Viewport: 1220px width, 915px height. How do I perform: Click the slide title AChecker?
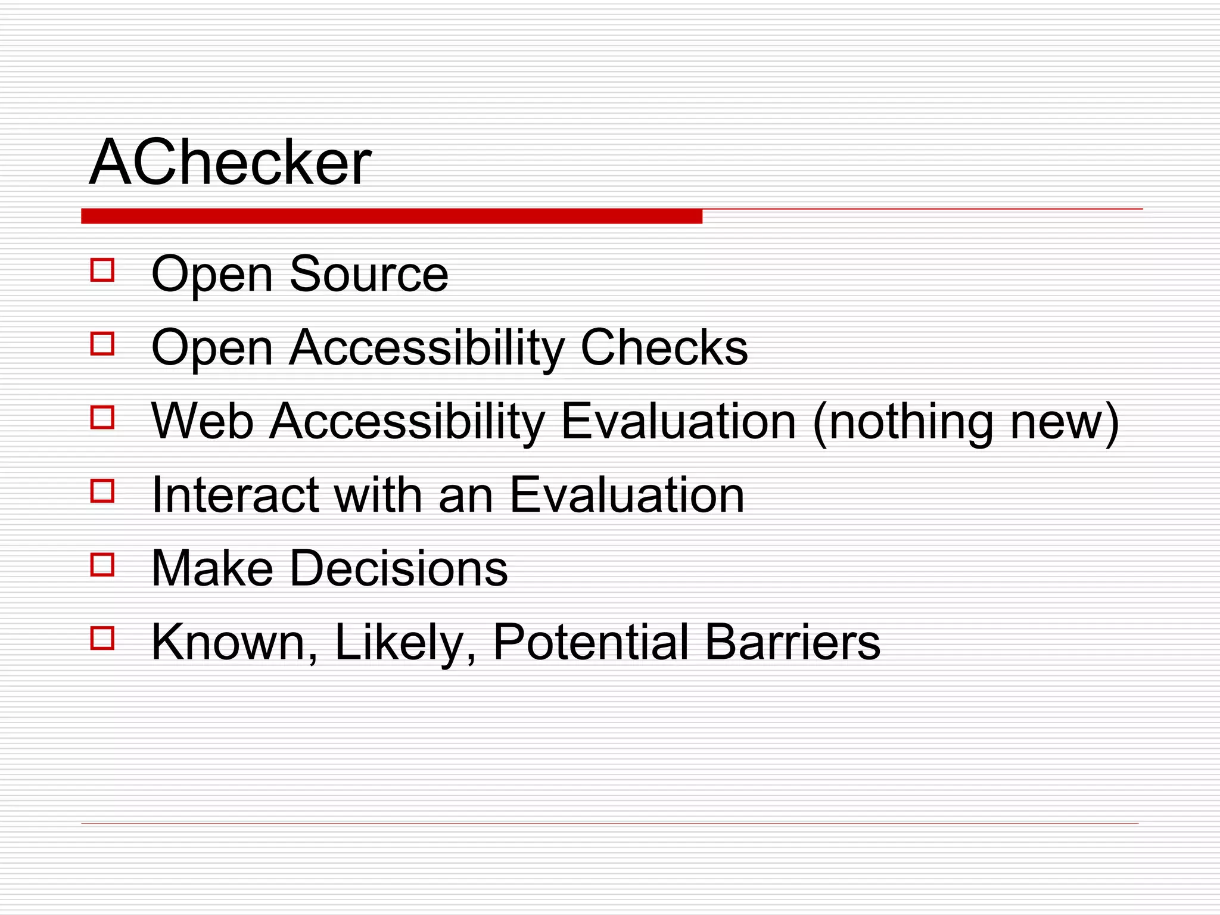point(230,162)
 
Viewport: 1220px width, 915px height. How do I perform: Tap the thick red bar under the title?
point(391,216)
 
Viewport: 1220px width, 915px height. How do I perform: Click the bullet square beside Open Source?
point(102,270)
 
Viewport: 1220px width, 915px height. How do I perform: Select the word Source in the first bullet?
point(369,275)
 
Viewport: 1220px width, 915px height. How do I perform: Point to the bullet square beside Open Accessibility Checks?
point(102,344)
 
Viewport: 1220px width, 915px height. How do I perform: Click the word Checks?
point(664,348)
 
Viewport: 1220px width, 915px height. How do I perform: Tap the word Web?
point(203,421)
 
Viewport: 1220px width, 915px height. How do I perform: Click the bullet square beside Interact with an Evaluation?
point(102,491)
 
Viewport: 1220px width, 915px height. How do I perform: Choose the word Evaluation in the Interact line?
point(627,495)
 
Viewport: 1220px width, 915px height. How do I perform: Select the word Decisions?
point(399,568)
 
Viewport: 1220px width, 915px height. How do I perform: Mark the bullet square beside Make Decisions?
point(102,564)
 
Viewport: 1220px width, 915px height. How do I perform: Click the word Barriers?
point(792,642)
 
